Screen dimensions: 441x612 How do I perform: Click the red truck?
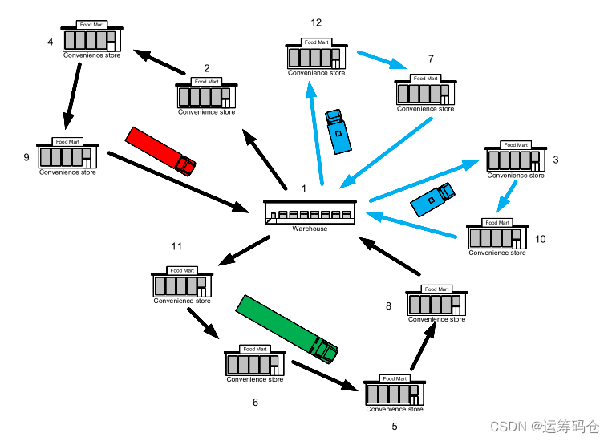(x=160, y=150)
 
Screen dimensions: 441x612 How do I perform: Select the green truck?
(x=286, y=328)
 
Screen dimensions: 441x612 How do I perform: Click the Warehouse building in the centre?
(x=310, y=213)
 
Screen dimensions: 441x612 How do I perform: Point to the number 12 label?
(x=316, y=22)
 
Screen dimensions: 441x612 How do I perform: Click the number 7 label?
(x=431, y=59)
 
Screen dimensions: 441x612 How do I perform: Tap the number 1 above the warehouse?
(x=304, y=188)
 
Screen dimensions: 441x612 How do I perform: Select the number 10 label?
(x=540, y=239)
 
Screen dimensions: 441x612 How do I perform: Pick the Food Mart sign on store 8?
(x=436, y=289)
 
